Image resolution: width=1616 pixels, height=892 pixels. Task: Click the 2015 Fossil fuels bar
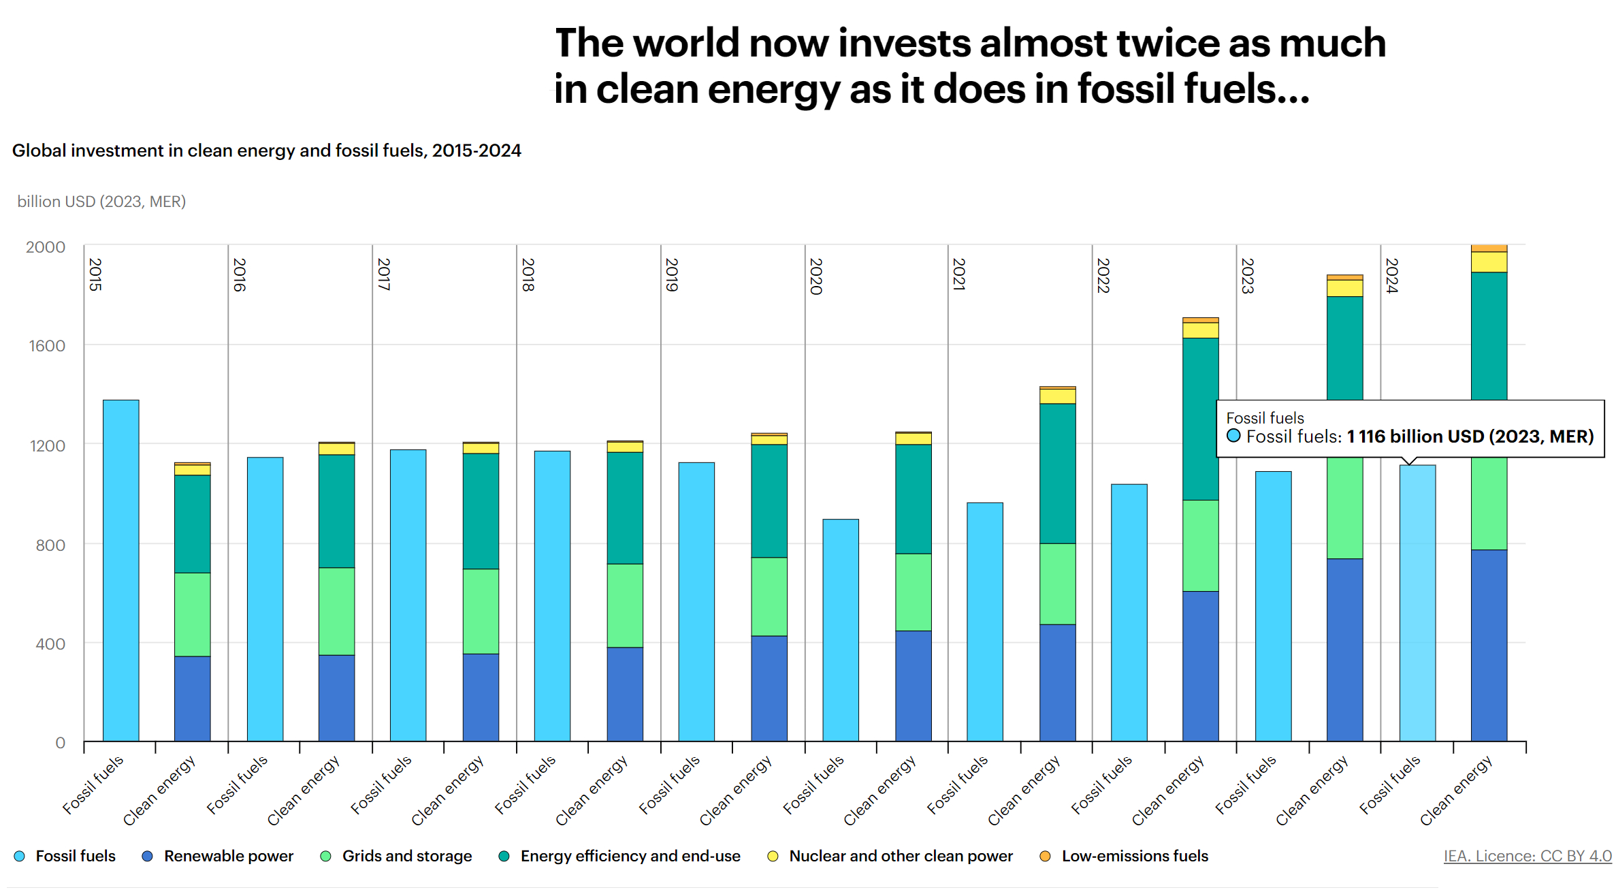tap(120, 570)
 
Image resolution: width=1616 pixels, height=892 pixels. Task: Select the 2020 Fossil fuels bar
tap(841, 630)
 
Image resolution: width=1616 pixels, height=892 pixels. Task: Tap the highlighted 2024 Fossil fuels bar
tap(1417, 603)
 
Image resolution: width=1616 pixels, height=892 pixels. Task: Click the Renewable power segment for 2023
tap(1344, 650)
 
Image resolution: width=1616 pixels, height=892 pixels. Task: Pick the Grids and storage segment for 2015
tap(192, 614)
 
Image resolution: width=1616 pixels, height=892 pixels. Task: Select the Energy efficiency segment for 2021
tap(1057, 473)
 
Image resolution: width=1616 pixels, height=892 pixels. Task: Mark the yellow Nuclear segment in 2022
tap(1200, 330)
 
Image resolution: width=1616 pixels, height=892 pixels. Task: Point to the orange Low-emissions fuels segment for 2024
tap(1489, 249)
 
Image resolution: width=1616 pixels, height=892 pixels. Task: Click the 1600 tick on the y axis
tap(47, 346)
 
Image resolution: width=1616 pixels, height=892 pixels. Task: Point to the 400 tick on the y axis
tap(50, 643)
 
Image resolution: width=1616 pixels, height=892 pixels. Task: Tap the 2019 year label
tap(672, 274)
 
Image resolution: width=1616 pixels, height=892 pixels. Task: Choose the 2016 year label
tap(240, 274)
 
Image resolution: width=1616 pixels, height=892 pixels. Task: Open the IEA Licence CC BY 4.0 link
tap(1528, 856)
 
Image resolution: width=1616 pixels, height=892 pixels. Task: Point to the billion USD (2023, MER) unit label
tap(101, 202)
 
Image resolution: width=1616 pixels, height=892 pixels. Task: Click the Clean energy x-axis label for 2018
tap(591, 791)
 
